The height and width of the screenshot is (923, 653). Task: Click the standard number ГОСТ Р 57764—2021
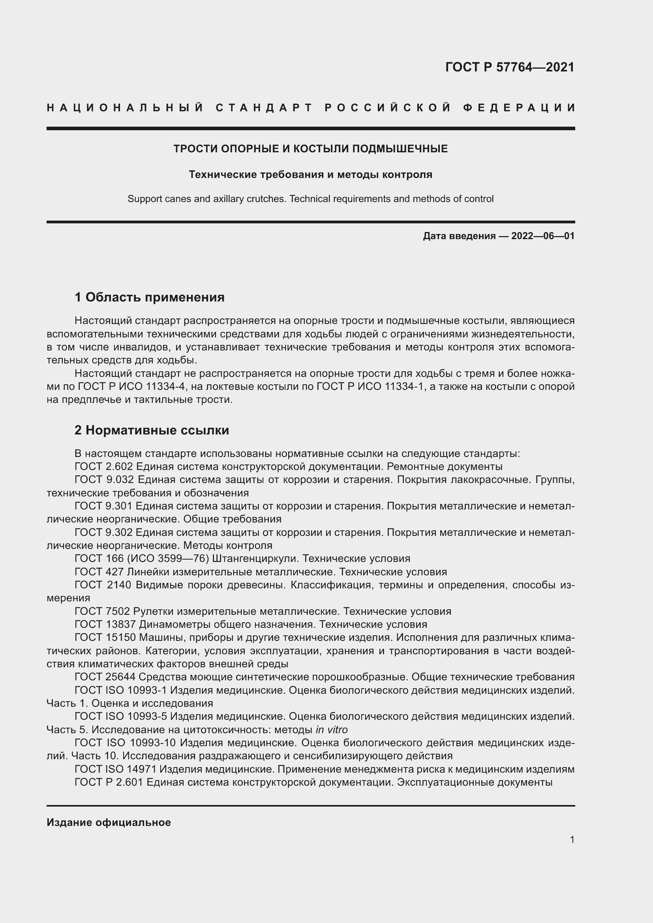tap(509, 67)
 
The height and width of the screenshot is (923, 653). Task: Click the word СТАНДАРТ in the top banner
tap(264, 108)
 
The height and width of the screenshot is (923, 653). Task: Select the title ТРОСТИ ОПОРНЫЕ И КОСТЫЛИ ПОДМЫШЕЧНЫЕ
tap(310, 149)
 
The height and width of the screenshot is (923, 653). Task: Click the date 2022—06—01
tap(543, 236)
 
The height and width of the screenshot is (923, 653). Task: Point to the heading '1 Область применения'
tap(149, 297)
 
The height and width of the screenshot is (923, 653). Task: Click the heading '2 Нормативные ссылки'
tap(152, 430)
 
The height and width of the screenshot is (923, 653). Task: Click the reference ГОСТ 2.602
tap(103, 467)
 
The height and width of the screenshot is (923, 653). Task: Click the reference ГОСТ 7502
tap(102, 611)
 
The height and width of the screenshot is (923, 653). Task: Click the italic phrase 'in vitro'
tap(331, 730)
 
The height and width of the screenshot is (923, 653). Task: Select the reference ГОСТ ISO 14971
tap(115, 769)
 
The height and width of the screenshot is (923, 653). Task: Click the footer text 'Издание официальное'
tap(109, 822)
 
